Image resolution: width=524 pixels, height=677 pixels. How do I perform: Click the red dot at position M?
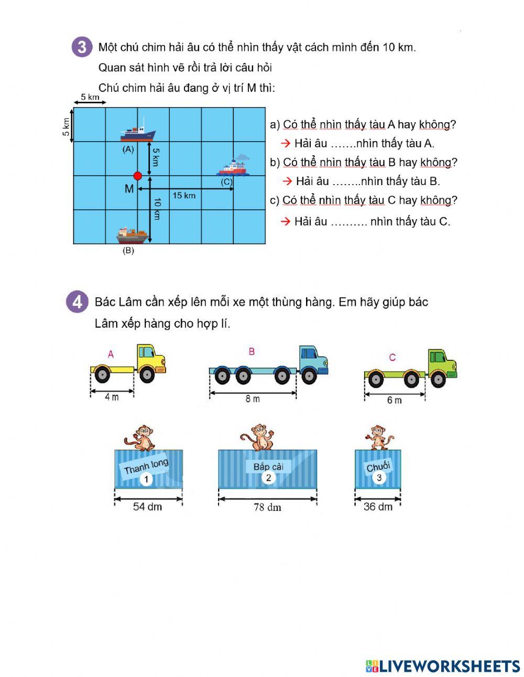point(137,176)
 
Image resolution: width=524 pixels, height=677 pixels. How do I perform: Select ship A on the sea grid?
point(138,131)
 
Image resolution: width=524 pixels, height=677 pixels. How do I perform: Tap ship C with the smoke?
point(234,165)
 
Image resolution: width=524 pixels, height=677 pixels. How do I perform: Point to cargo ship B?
point(133,235)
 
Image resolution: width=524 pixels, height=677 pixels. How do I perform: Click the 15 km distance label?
point(184,196)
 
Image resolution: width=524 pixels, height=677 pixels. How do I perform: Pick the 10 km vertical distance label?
point(157,209)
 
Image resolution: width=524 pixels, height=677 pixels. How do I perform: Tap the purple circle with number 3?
point(82,47)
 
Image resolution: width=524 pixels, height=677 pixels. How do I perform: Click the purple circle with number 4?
point(77,302)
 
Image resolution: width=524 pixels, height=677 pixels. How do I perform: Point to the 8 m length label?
point(253,399)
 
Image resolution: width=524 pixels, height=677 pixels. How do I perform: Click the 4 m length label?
point(112,397)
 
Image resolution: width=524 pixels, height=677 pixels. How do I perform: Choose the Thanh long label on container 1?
point(146,466)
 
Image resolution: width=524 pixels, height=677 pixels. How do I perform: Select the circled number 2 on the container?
point(268,478)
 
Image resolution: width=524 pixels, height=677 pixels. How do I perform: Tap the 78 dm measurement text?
point(268,507)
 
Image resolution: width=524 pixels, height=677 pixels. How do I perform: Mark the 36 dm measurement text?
point(378,507)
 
